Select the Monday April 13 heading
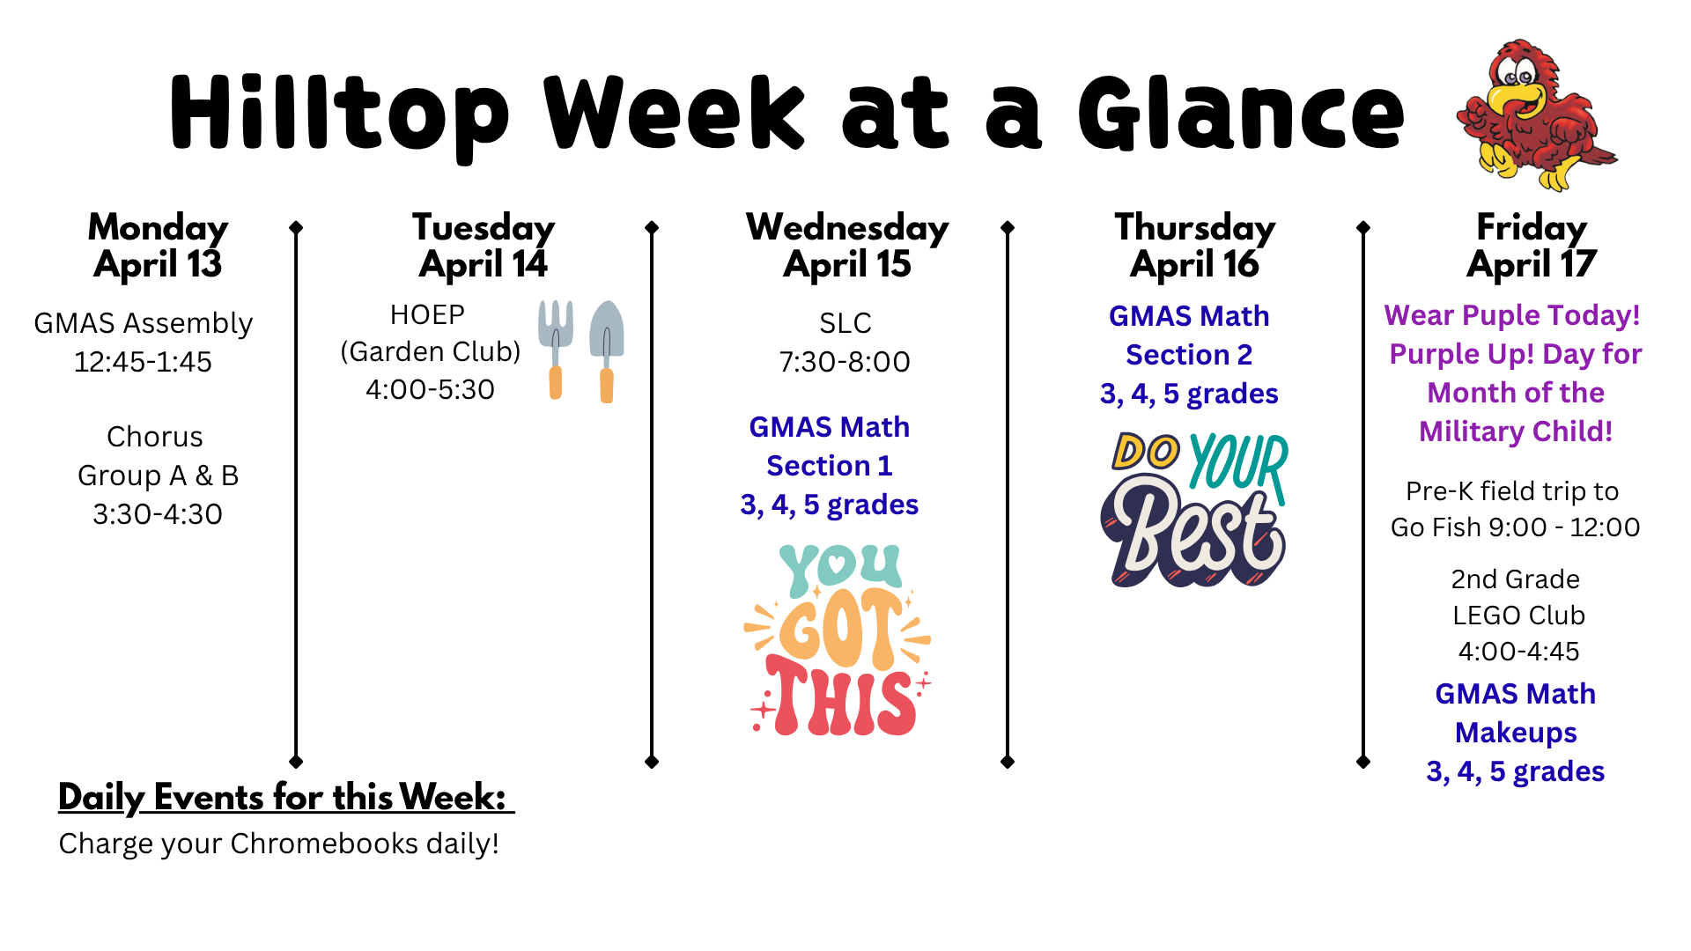click(158, 246)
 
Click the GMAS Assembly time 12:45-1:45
click(143, 362)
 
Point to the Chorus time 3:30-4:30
click(158, 514)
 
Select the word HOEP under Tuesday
click(427, 314)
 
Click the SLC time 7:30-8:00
click(845, 362)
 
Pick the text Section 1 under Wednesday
click(829, 466)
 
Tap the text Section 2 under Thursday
click(1189, 355)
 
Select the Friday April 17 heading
click(1532, 246)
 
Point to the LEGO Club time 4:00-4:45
click(1518, 652)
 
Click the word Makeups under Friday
click(1515, 733)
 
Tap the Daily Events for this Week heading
click(284, 797)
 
